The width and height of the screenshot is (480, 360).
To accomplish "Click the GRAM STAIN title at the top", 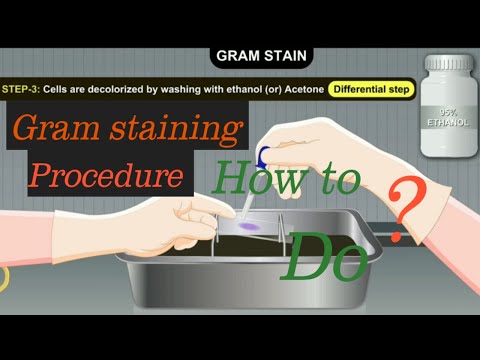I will click(261, 57).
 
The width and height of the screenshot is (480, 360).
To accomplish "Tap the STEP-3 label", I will click(21, 90).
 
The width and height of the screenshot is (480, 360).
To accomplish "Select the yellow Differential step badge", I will click(371, 90).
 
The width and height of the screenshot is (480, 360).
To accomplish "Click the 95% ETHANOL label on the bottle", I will click(447, 116).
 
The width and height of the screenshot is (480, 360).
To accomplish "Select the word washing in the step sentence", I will click(187, 90).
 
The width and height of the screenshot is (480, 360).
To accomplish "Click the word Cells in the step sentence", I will click(61, 90).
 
